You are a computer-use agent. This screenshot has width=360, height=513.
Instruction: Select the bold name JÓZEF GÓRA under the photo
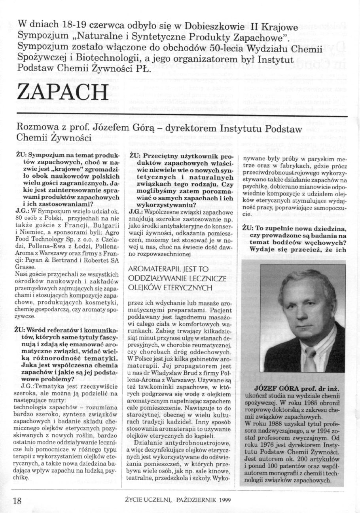click(279, 386)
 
